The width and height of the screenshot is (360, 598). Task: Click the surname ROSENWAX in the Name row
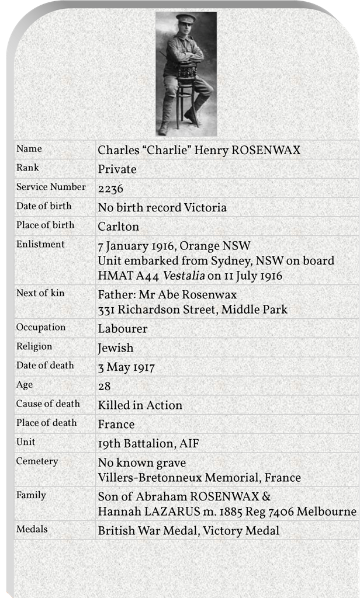pos(266,150)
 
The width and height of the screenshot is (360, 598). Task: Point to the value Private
pos(117,169)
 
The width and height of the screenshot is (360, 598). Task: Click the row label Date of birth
pos(44,206)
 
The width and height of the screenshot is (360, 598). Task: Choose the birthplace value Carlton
pos(118,226)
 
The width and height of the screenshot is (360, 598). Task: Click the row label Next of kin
pos(41,293)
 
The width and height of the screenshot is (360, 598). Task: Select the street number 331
pos(108,309)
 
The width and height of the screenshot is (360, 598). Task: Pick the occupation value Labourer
pos(123,329)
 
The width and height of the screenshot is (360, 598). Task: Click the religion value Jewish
pos(116,348)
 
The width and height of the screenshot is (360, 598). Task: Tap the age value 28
pos(105,386)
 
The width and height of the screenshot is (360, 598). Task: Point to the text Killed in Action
pos(140,405)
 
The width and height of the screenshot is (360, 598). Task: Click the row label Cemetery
pos(37,461)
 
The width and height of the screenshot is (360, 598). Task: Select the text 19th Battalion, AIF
pos(148,443)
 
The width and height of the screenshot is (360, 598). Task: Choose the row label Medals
pos(32,530)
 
